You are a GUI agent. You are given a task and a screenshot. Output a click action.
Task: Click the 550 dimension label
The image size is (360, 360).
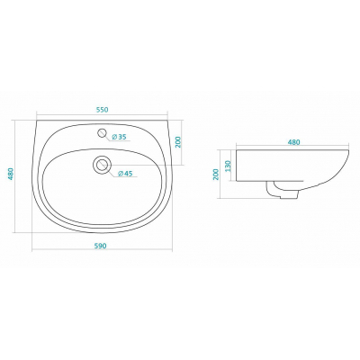point(102,110)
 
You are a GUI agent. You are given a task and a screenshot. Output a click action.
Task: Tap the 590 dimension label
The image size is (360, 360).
point(101,246)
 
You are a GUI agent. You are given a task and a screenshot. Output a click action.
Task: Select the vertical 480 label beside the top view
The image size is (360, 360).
point(11,174)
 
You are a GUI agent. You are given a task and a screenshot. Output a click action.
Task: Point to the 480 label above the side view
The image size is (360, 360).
point(294,142)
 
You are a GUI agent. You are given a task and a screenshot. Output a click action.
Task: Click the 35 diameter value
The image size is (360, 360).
point(121,137)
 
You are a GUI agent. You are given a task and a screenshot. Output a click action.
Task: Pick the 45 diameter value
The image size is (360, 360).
point(128,174)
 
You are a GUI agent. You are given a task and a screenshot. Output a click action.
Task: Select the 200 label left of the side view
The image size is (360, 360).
point(217,174)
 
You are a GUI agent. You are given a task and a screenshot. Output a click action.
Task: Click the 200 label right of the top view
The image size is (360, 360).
point(177,142)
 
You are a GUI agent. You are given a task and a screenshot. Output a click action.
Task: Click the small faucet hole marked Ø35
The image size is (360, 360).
point(103,132)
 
